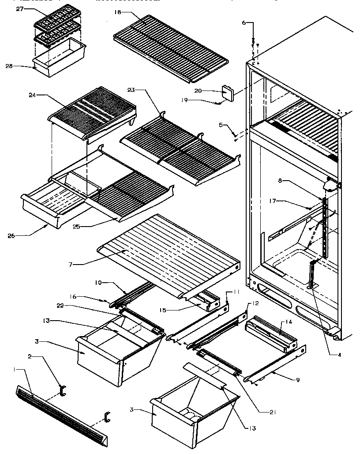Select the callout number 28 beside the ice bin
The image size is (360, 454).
tap(9, 66)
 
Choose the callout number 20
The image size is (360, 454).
tap(210, 91)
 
